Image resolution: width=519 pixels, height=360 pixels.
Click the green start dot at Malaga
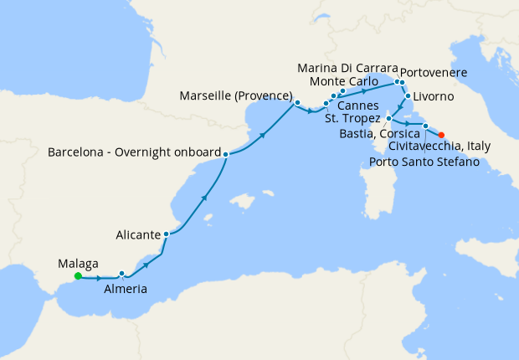click(x=78, y=275)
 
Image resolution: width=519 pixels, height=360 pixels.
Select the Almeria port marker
click(x=122, y=274)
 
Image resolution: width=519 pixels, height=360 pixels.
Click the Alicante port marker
click(x=167, y=234)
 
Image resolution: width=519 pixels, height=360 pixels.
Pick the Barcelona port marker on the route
click(x=226, y=154)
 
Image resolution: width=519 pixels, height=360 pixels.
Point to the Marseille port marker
click(x=296, y=103)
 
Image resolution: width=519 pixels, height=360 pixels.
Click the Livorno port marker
click(x=408, y=97)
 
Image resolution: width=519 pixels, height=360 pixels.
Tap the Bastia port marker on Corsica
click(x=389, y=119)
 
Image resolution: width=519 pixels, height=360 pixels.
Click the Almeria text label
click(x=126, y=290)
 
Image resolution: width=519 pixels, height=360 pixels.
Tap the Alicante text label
click(x=136, y=236)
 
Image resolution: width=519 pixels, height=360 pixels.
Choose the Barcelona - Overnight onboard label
click(x=135, y=154)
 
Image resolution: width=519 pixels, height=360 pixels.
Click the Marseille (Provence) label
click(x=235, y=96)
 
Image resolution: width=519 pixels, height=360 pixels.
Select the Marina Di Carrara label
click(x=344, y=67)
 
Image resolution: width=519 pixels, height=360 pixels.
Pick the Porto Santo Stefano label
click(x=424, y=162)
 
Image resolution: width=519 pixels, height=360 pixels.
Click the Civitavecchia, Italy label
click(x=439, y=147)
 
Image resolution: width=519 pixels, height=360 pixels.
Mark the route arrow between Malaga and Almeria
click(x=100, y=277)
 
